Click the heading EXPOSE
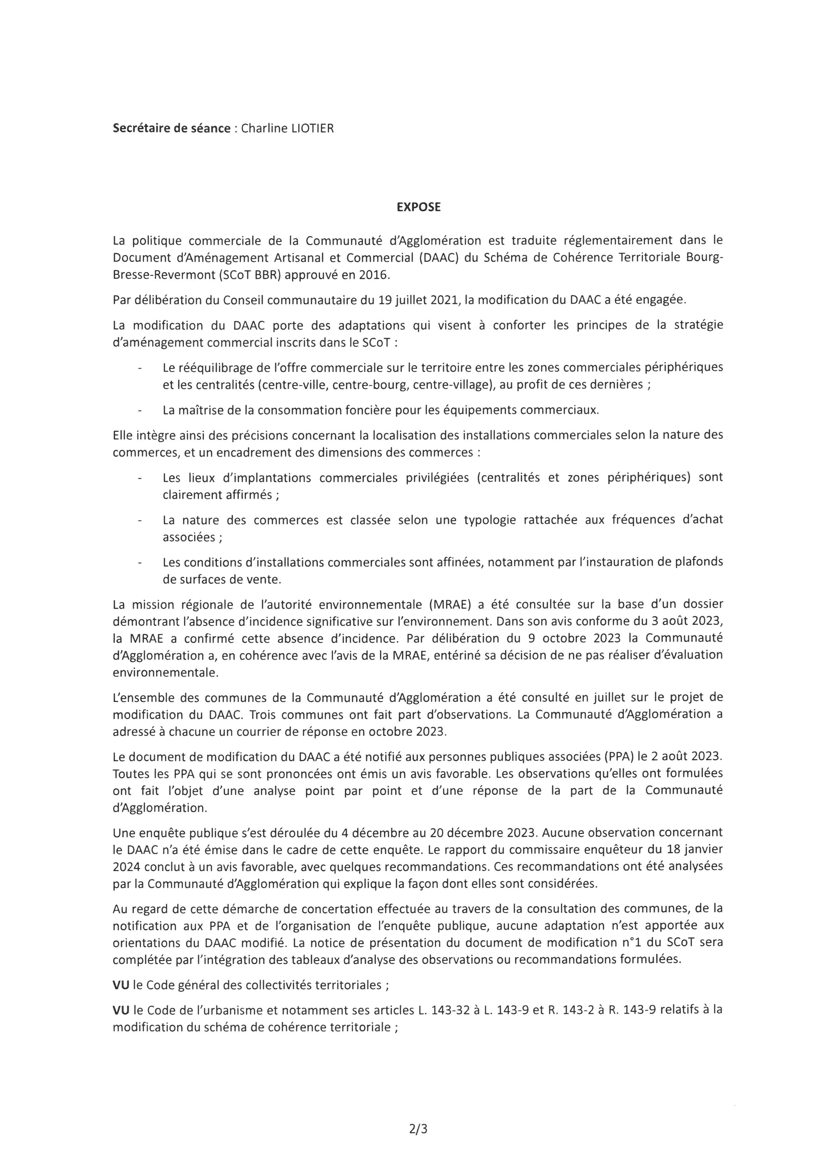click(x=419, y=207)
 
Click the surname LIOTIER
click(x=312, y=128)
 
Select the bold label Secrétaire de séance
click(x=172, y=128)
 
